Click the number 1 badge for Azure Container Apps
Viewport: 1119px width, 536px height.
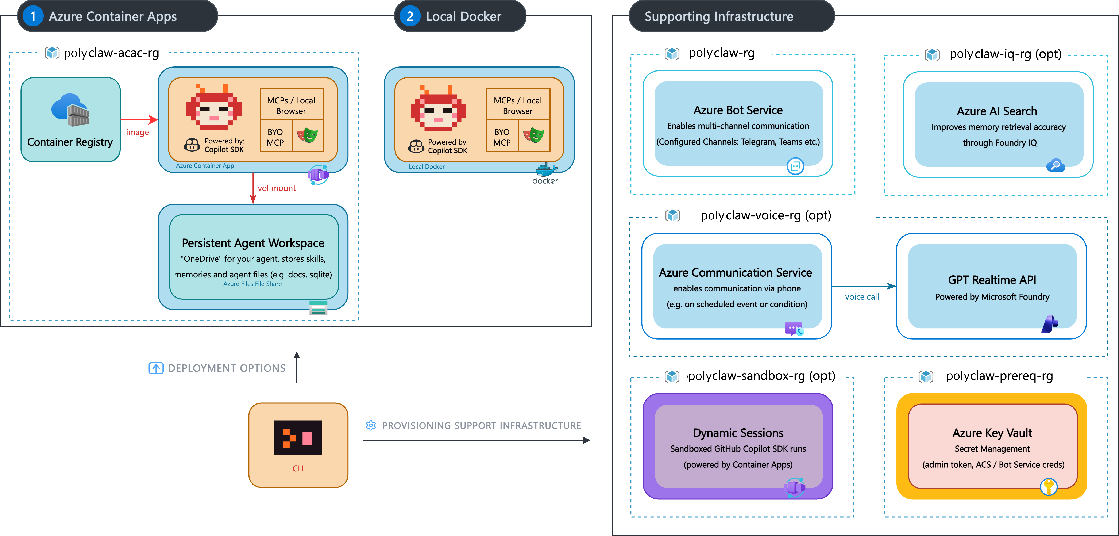point(32,16)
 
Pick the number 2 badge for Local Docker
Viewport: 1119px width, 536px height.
point(410,16)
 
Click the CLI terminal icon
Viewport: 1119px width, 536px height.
point(298,438)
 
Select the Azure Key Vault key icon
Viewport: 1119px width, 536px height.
point(1048,486)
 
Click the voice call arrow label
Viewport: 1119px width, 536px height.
point(861,297)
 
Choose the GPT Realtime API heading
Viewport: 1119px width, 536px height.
point(992,280)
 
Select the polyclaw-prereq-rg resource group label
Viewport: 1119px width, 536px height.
point(999,376)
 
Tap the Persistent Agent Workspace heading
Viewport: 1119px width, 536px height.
point(253,243)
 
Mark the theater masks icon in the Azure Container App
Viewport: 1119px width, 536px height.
point(308,135)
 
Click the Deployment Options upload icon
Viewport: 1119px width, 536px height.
point(156,368)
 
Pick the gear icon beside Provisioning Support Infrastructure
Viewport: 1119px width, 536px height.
point(371,426)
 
